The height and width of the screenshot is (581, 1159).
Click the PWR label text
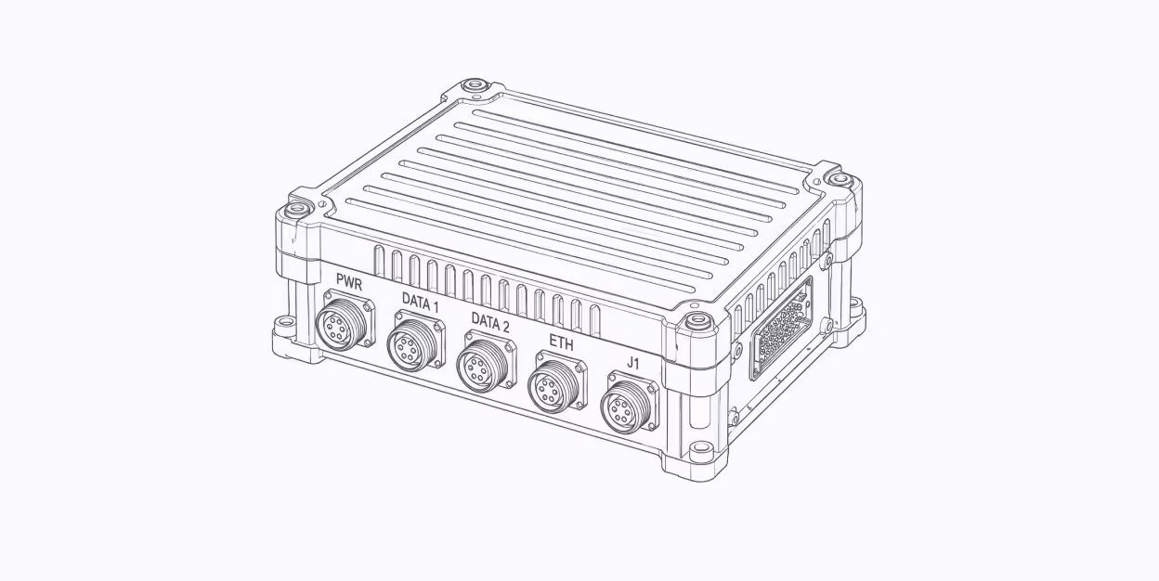349,281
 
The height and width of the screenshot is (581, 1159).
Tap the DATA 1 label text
420,303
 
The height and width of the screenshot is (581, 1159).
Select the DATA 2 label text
490,323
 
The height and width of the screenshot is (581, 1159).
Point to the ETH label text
561,342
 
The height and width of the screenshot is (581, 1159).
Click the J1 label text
632,364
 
